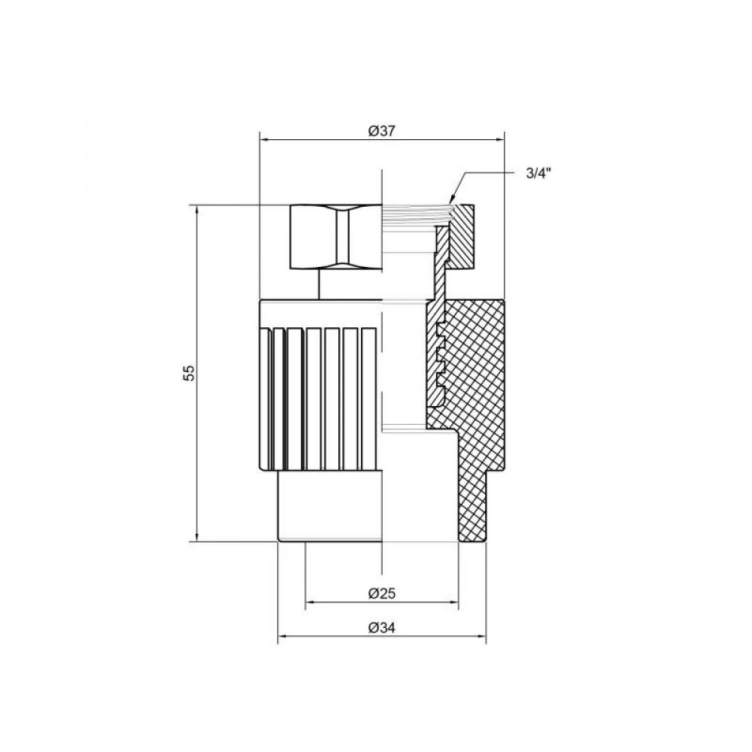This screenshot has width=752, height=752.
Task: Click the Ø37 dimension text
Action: pyautogui.click(x=381, y=130)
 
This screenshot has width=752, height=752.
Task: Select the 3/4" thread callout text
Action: pyautogui.click(x=538, y=174)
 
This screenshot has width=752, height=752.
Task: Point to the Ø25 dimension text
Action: pyautogui.click(x=381, y=593)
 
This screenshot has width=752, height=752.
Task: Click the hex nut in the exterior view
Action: pyautogui.click(x=336, y=236)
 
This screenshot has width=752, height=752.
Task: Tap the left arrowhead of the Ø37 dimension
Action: pyautogui.click(x=264, y=138)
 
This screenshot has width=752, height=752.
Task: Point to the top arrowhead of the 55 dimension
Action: pyautogui.click(x=197, y=209)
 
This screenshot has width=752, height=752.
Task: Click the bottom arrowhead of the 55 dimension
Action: pyautogui.click(x=197, y=535)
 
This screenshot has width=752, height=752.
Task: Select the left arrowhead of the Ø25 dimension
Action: pyautogui.click(x=310, y=602)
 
